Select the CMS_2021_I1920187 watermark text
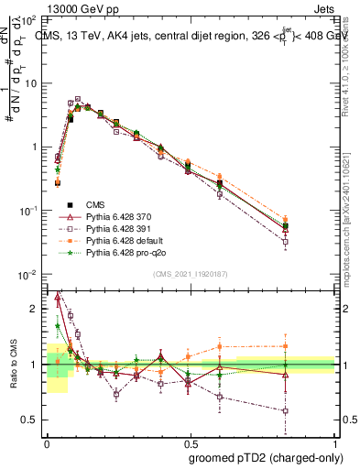coord(190,274)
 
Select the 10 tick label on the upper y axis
coord(30,83)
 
